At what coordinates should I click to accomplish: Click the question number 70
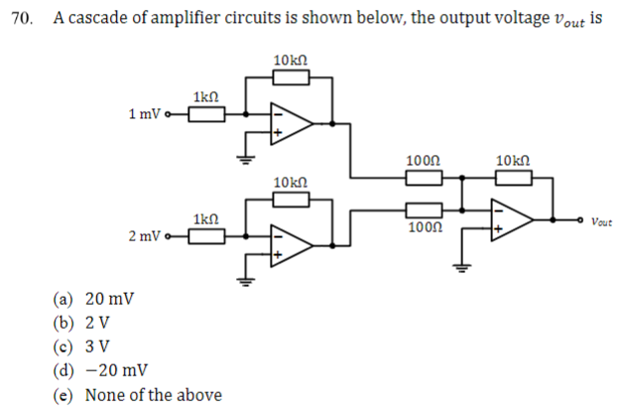click(19, 19)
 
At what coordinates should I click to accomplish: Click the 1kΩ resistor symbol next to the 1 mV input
click(206, 114)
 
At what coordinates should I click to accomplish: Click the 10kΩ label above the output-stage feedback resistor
click(512, 160)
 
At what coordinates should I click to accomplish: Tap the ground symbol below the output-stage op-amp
click(459, 263)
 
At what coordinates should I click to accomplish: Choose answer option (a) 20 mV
click(94, 299)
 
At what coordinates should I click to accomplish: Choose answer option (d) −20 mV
click(100, 370)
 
